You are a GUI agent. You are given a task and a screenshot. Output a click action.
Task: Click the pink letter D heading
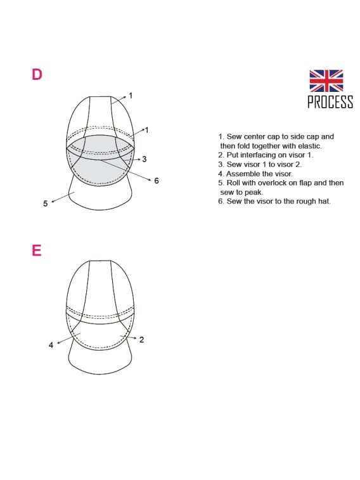coord(37,74)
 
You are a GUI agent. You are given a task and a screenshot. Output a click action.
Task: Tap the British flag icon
coord(326,81)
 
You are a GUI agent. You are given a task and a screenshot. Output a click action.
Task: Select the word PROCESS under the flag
coord(330,102)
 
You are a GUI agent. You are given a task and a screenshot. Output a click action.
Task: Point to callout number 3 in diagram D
coord(145,159)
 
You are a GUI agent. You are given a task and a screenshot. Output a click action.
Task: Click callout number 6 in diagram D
coord(156,181)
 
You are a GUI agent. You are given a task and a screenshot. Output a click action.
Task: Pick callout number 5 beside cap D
coord(45,204)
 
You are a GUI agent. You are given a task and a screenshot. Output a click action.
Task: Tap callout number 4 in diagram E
coord(51,345)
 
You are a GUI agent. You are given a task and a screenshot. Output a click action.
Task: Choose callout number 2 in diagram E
coord(141,340)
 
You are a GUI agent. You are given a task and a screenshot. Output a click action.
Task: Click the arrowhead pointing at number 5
coord(53,201)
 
